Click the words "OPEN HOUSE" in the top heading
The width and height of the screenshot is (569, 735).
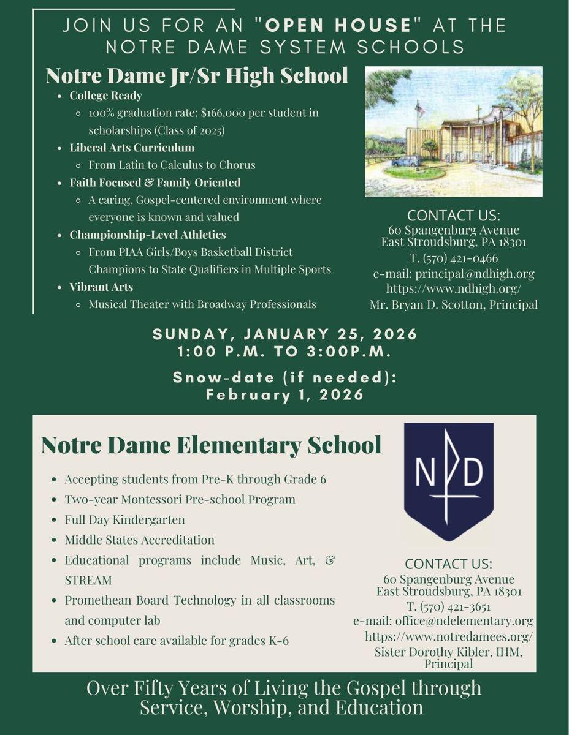pos(340,25)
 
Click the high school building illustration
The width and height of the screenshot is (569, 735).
pos(454,131)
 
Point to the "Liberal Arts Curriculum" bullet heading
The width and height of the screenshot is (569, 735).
pos(132,148)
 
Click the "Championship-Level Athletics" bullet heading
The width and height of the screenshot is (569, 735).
pos(148,235)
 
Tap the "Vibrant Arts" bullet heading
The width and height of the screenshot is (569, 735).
pos(101,287)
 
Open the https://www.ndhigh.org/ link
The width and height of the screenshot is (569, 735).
pos(454,288)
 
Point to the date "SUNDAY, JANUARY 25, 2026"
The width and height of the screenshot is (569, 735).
pos(284,334)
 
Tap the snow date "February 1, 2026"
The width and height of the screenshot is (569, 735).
pos(284,395)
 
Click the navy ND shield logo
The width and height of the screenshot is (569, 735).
pos(449,480)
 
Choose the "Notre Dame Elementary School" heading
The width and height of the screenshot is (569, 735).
pos(211,445)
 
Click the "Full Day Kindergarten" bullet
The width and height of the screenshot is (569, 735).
pos(125,519)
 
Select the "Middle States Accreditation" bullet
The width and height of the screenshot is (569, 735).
pos(140,540)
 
